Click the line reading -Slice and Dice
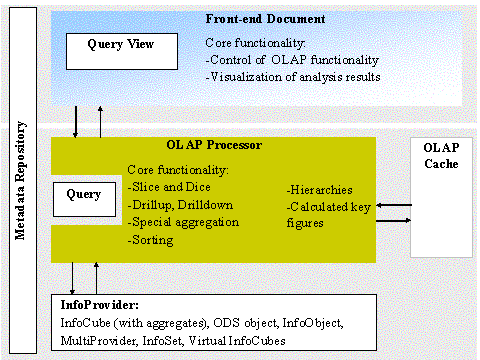[169, 186]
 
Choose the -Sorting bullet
[151, 240]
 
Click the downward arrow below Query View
[77, 118]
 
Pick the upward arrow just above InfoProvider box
[96, 275]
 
